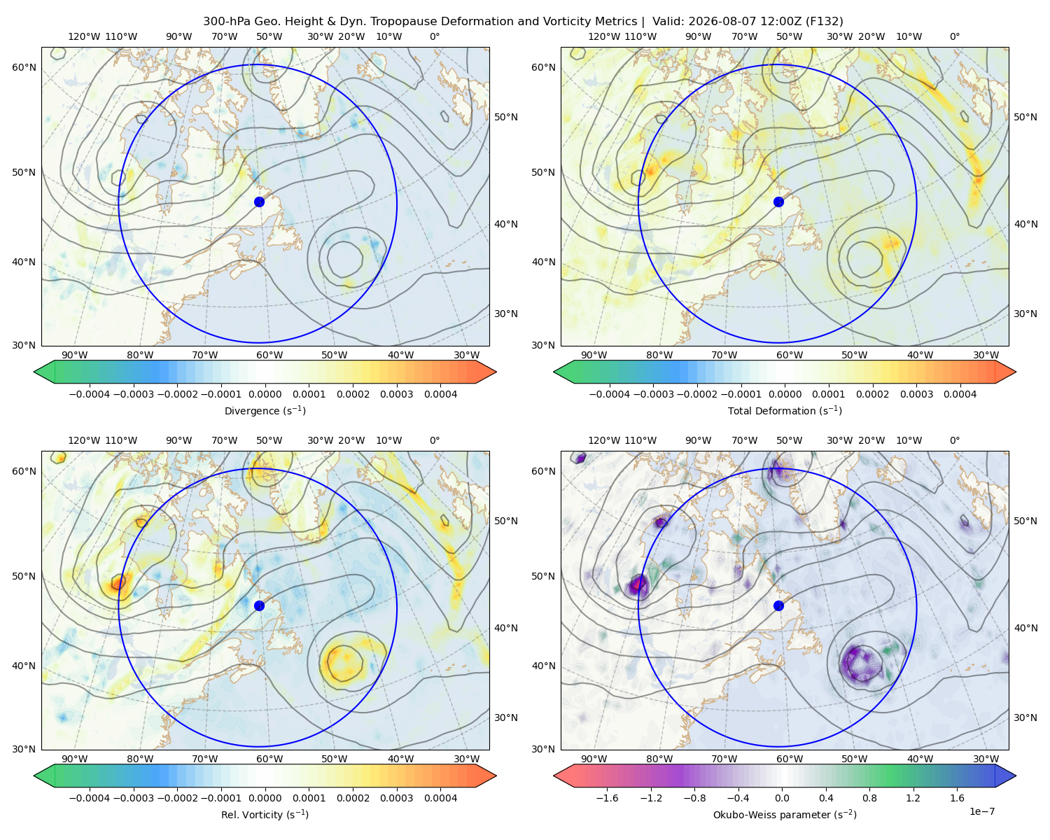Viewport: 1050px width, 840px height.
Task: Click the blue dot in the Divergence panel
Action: pyautogui.click(x=259, y=202)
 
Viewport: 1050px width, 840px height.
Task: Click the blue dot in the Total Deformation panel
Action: pyautogui.click(x=778, y=202)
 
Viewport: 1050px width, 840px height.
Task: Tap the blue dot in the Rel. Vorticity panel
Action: pyautogui.click(x=259, y=605)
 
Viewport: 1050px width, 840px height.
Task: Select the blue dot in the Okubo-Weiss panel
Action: pyautogui.click(x=778, y=605)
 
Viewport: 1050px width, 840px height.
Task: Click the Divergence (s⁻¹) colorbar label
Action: pyautogui.click(x=265, y=410)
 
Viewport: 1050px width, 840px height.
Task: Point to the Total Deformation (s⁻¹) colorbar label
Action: pyautogui.click(x=785, y=410)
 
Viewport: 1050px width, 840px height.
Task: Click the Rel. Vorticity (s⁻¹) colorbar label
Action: pyautogui.click(x=265, y=814)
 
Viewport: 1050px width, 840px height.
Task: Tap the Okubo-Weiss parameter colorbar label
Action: pyautogui.click(x=785, y=814)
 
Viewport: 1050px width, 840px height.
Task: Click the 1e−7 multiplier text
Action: pyautogui.click(x=981, y=811)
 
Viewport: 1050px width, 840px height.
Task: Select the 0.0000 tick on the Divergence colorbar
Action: pyautogui.click(x=265, y=394)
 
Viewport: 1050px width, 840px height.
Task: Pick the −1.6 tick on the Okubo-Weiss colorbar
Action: pyautogui.click(x=607, y=798)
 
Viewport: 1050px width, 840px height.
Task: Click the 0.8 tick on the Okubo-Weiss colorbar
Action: pyautogui.click(x=869, y=798)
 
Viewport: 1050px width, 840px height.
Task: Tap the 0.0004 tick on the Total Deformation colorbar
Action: pyautogui.click(x=960, y=394)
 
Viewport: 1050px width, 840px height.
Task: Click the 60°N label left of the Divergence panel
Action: pyautogui.click(x=24, y=67)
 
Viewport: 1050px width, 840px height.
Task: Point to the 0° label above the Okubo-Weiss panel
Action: pyautogui.click(x=954, y=440)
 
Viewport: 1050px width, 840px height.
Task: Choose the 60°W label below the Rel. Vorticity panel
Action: pyautogui.click(x=269, y=759)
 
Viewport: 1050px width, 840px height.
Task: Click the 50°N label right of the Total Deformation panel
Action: pyautogui.click(x=1025, y=117)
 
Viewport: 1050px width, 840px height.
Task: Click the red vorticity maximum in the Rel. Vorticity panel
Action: pyautogui.click(x=118, y=582)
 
